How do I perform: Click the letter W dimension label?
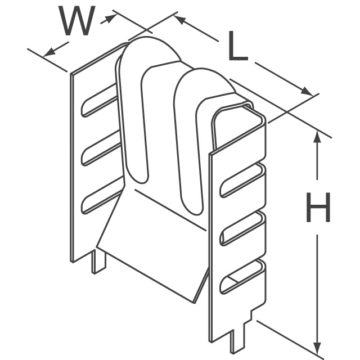pos(77,21)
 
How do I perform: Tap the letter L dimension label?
pos(238,46)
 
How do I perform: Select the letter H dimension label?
pos(318,208)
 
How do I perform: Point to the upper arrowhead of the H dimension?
pos(317,137)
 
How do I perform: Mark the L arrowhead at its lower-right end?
pos(307,91)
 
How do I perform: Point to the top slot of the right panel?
pos(243,181)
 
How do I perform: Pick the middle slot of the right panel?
pos(243,229)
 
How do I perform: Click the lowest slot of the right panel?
pos(243,277)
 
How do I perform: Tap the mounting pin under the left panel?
pos(99,262)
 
